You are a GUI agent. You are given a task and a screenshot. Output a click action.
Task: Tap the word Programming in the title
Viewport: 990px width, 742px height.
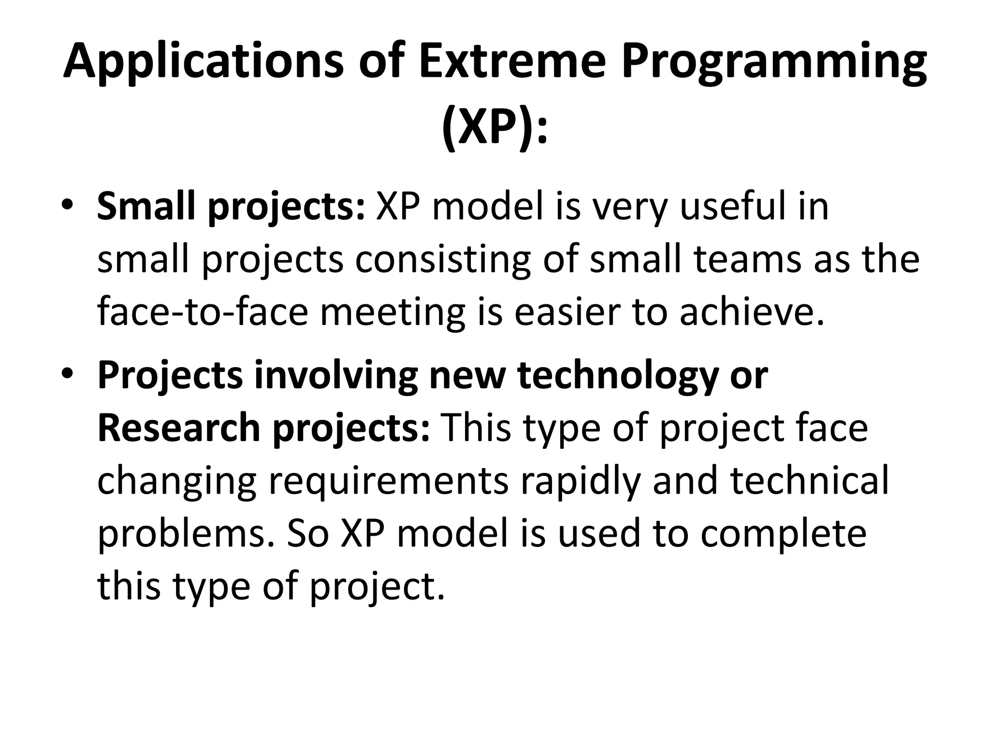pyautogui.click(x=773, y=63)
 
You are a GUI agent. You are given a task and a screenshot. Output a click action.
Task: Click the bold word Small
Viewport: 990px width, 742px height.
pyautogui.click(x=147, y=206)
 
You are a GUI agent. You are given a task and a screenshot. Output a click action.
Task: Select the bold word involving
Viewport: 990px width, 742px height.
pyautogui.click(x=335, y=375)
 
